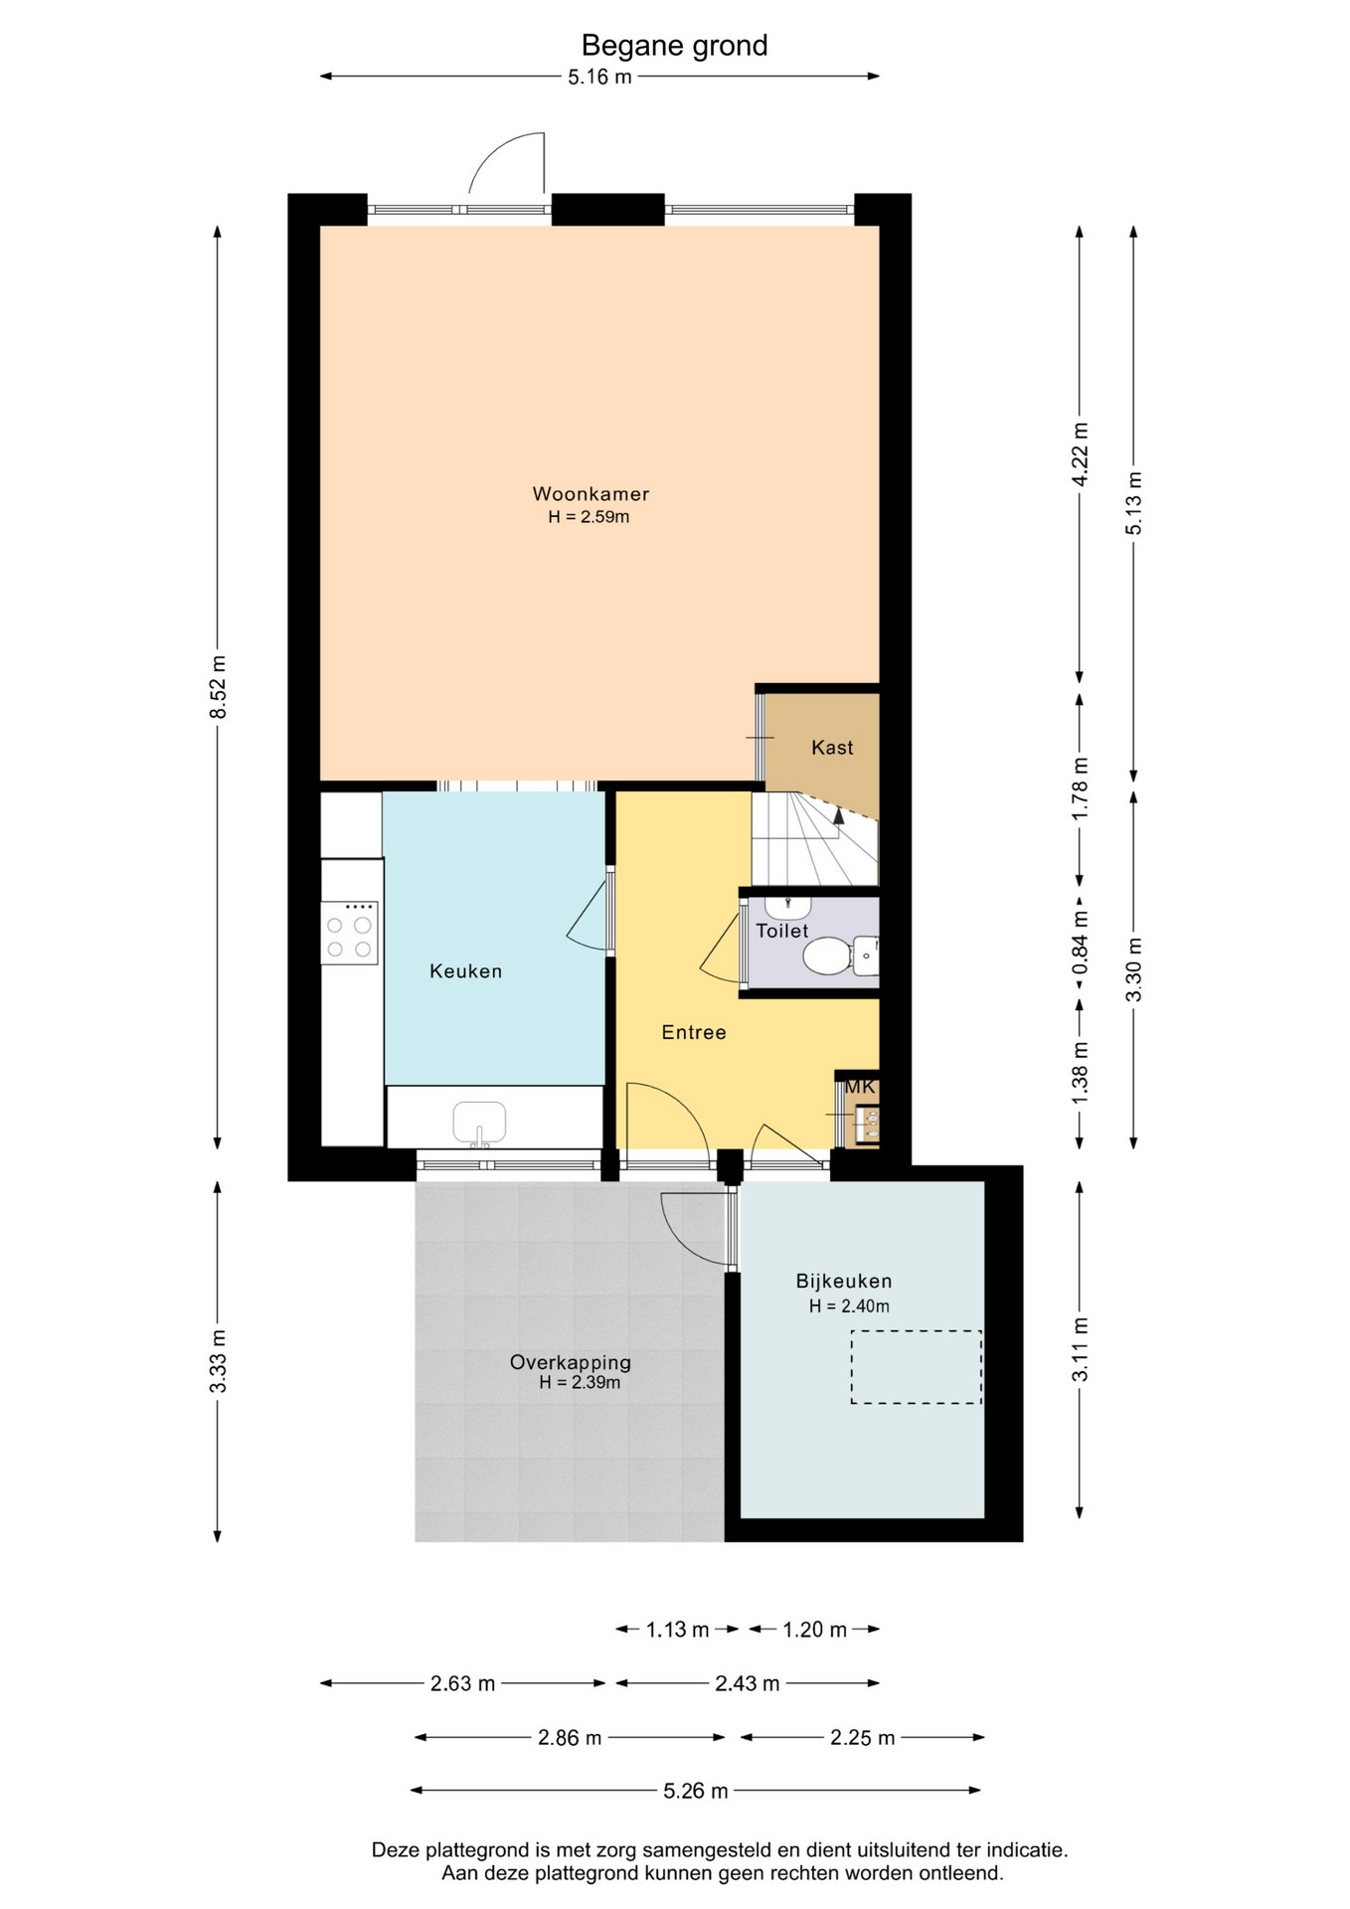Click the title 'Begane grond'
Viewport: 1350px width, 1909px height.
click(674, 46)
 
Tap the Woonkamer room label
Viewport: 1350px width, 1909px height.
click(591, 493)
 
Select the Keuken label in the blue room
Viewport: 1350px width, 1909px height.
click(465, 971)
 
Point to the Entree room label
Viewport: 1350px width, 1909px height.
click(694, 1032)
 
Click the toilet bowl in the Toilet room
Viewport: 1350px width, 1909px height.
click(827, 956)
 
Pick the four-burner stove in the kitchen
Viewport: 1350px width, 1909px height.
click(349, 933)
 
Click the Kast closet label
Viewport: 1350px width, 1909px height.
click(832, 748)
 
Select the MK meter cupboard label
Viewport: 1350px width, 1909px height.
click(859, 1087)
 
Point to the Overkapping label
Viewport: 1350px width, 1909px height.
click(570, 1362)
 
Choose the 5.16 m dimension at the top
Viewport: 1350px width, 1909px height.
click(599, 77)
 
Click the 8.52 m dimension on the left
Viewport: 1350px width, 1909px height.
click(219, 687)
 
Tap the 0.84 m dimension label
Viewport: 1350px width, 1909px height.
click(1081, 943)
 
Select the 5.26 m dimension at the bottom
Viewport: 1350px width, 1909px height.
click(696, 1791)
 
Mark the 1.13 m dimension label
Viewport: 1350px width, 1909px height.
click(678, 1630)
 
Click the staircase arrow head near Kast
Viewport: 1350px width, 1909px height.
click(838, 815)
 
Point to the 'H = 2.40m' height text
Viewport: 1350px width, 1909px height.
click(849, 1306)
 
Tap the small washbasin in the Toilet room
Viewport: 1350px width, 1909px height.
click(788, 907)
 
